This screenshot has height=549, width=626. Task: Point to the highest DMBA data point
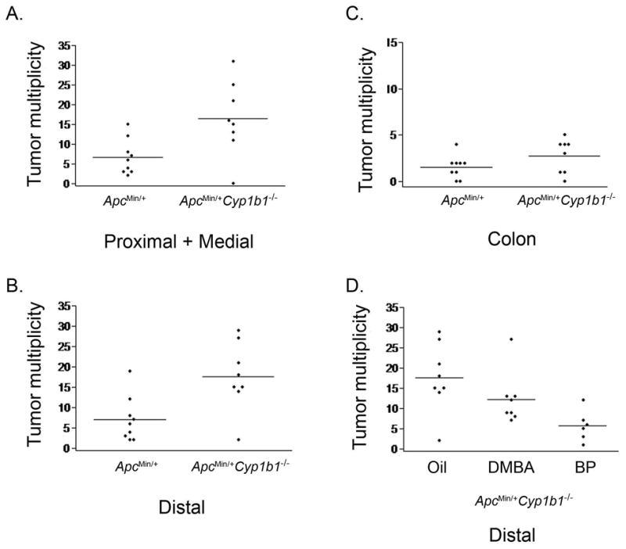(x=511, y=339)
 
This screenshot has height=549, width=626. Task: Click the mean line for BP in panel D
(x=582, y=425)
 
